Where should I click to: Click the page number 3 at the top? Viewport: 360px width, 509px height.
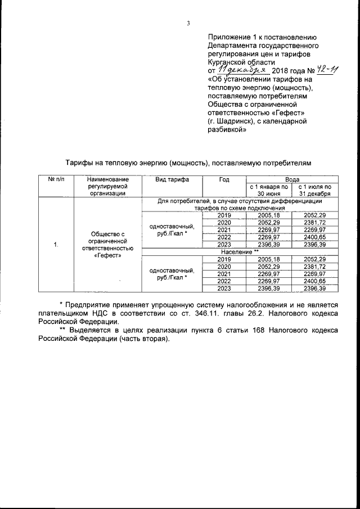189,23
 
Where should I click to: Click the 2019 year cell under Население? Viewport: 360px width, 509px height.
224,259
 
